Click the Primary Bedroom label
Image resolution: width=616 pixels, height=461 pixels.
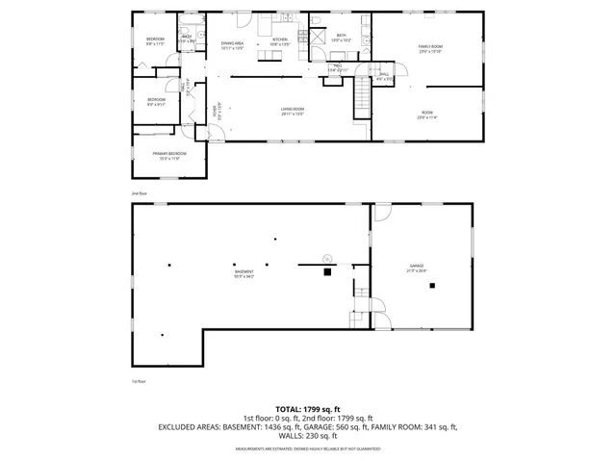168,155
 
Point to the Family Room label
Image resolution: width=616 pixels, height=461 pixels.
429,48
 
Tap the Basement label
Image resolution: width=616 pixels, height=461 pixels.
244,274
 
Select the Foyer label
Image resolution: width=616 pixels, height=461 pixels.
215,114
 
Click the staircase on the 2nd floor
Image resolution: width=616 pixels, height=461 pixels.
362,98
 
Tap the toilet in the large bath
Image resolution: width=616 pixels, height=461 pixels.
316,21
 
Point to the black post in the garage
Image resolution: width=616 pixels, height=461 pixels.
433,286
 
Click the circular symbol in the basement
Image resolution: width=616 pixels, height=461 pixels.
327,258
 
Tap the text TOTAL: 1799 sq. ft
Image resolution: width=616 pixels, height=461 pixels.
307,408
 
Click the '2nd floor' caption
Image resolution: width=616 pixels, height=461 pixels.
139,193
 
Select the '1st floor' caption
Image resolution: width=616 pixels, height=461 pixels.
138,381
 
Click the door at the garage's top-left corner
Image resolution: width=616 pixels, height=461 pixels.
382,213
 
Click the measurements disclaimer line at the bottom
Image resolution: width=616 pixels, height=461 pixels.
308,448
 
